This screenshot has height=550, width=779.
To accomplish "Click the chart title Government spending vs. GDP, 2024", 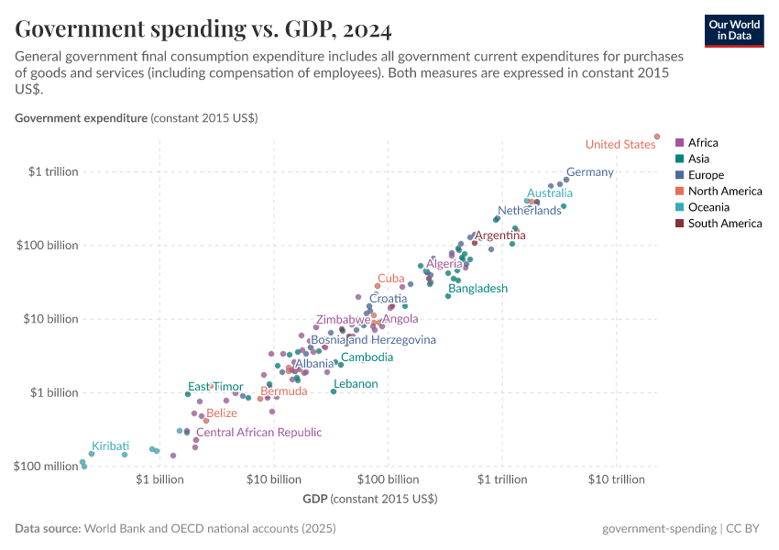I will (x=203, y=30).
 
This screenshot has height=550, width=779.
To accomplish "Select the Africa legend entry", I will (x=703, y=142).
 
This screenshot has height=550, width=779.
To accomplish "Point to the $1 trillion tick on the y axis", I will (x=52, y=171).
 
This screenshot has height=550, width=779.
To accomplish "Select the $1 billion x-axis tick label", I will (x=159, y=480).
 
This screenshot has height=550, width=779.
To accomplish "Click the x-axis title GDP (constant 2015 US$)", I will (x=369, y=499).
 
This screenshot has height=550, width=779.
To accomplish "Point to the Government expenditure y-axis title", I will (x=136, y=118).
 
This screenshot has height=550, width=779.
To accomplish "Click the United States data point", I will (x=657, y=137).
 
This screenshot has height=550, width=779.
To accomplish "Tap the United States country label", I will (x=620, y=144).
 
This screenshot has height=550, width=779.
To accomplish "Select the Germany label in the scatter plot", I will (x=589, y=172).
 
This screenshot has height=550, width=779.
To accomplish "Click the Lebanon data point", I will (x=334, y=391).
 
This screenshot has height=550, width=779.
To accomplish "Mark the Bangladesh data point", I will (x=448, y=295).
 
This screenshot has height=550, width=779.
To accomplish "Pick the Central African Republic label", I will (x=258, y=432).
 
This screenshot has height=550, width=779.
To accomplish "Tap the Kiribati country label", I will (x=110, y=445).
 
